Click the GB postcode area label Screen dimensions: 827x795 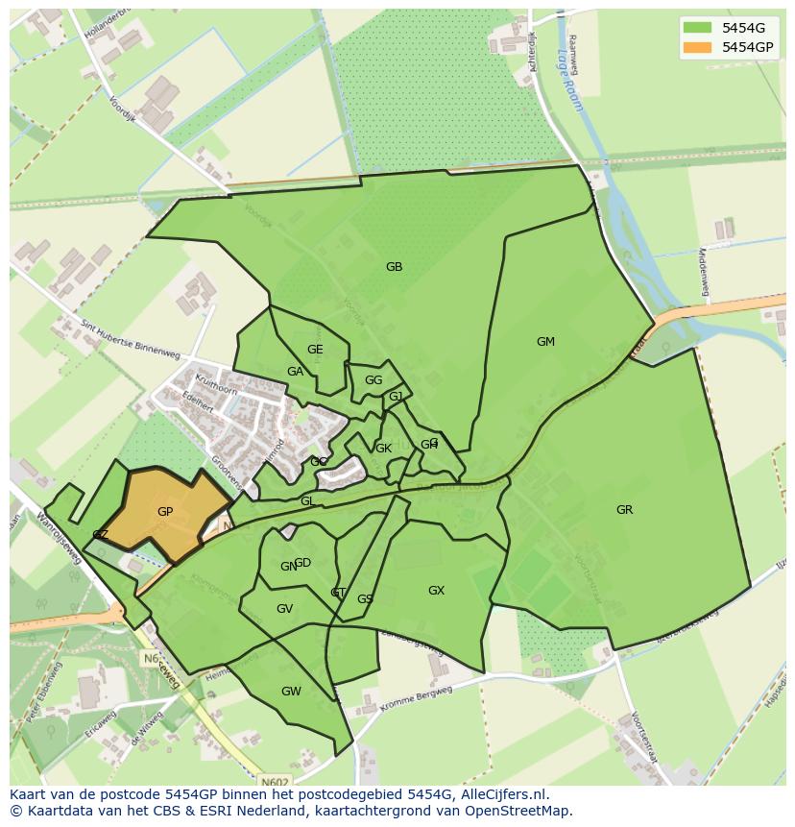394,267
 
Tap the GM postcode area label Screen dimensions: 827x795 545,342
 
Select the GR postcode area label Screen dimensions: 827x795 624,510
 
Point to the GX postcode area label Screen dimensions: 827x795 436,591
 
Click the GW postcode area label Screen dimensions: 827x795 291,692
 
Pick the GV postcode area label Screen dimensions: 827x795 284,609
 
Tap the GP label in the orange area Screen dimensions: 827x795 165,512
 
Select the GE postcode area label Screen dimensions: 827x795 315,350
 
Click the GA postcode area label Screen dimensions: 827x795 295,372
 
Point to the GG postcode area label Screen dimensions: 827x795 373,380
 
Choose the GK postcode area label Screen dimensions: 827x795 383,449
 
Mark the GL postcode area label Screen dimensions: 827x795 307,501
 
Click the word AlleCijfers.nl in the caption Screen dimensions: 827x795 500,794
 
